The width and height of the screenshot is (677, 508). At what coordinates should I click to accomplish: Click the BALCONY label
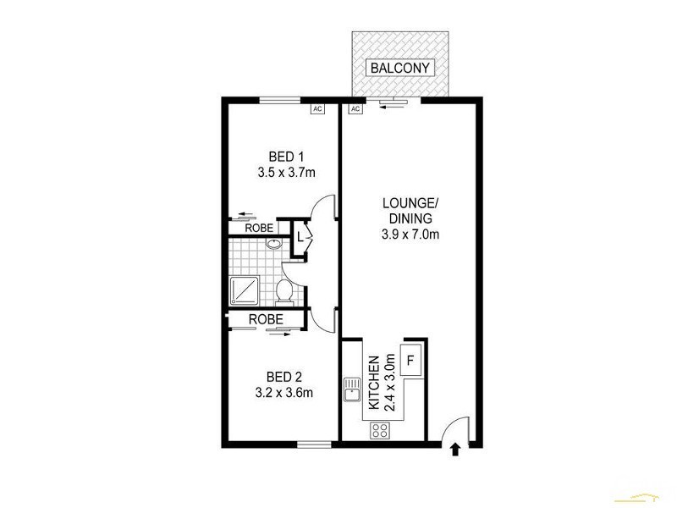click(x=399, y=67)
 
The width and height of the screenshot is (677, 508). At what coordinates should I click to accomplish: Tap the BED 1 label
click(x=286, y=157)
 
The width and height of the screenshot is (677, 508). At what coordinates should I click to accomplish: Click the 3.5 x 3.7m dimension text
click(x=286, y=173)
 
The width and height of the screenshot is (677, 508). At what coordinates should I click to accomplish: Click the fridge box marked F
click(x=411, y=360)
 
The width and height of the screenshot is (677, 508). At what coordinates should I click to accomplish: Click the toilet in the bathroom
click(x=284, y=292)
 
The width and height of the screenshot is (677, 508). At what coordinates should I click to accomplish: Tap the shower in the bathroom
click(x=246, y=290)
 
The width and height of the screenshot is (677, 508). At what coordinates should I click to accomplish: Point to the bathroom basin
click(x=273, y=246)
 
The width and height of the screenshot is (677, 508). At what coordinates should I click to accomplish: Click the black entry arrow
click(x=456, y=450)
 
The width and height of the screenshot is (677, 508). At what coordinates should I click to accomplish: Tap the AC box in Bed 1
click(x=317, y=109)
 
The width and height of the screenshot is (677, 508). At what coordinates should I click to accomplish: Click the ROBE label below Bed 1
click(x=259, y=228)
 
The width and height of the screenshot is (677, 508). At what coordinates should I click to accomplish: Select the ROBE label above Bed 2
click(x=265, y=319)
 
